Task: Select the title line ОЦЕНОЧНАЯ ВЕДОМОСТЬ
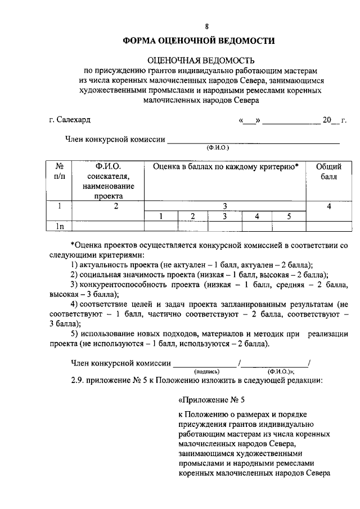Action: coord(201,60)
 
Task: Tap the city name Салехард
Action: coord(73,120)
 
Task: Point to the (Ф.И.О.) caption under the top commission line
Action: coord(217,147)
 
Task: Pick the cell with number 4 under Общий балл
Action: coord(329,206)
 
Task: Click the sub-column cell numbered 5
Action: coord(289,216)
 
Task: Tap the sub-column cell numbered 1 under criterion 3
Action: coord(160,216)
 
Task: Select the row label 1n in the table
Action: coord(59,226)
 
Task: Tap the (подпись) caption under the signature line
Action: coord(207,372)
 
